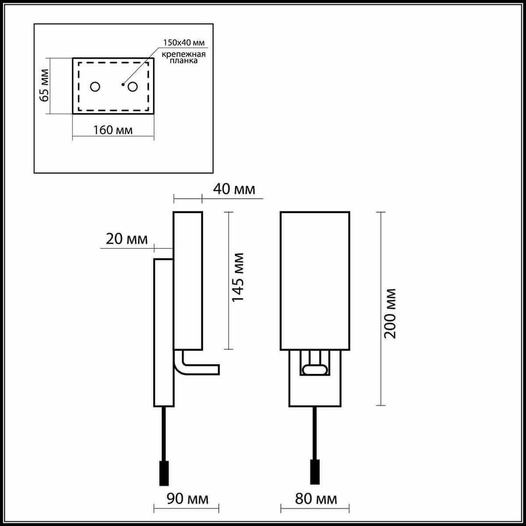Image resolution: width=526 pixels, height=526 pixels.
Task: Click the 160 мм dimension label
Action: [x=112, y=129]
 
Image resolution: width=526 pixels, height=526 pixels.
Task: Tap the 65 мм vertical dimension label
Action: [x=44, y=85]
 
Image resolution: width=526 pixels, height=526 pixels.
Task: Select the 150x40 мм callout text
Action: [x=184, y=43]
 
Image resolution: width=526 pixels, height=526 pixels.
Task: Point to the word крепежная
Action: [x=183, y=54]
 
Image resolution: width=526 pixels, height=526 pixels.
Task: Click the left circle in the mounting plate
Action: [x=95, y=87]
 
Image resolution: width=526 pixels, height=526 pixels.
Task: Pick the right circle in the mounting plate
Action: [x=133, y=87]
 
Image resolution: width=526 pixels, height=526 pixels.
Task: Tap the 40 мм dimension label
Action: [x=234, y=189]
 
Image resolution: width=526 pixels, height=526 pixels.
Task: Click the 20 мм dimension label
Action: [x=127, y=239]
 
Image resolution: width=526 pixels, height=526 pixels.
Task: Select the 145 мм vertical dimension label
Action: [x=238, y=277]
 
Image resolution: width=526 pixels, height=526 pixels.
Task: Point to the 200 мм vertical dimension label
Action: [x=390, y=313]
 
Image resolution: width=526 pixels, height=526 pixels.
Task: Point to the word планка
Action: [x=183, y=62]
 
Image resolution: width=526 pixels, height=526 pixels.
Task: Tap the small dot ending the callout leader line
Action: [x=123, y=84]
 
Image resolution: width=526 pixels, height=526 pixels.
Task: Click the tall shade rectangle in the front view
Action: [x=315, y=281]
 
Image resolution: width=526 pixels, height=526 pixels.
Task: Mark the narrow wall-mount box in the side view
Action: [x=164, y=332]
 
